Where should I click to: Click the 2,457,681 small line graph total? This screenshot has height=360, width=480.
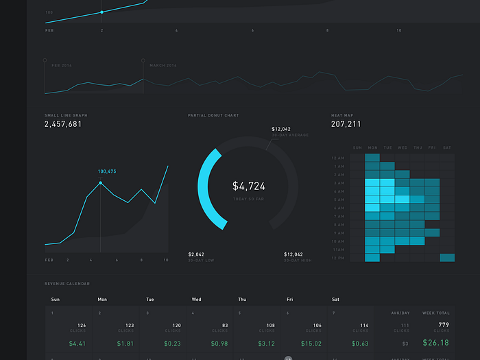(x=63, y=124)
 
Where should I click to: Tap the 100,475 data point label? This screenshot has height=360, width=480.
(x=107, y=171)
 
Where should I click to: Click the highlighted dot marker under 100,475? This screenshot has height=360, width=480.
(x=101, y=183)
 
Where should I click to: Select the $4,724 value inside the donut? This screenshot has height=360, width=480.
(x=248, y=186)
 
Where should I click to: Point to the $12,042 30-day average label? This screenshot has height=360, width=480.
(x=281, y=129)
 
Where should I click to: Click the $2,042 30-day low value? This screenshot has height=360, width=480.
(x=196, y=254)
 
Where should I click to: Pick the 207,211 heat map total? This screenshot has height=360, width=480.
(x=346, y=124)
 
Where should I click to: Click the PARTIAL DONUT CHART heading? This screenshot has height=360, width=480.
(x=213, y=115)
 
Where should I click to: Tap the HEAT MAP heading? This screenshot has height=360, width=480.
(x=342, y=115)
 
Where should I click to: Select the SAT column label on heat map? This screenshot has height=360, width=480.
(x=447, y=147)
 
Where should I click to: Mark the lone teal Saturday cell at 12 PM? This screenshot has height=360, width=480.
(x=447, y=257)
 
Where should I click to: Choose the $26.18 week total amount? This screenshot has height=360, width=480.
(x=435, y=343)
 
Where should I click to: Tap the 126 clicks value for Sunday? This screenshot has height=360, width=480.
(x=81, y=325)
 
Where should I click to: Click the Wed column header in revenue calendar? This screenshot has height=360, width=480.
(x=196, y=299)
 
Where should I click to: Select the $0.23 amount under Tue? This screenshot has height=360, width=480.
(x=173, y=343)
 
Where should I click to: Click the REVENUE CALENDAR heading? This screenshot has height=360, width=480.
(x=67, y=283)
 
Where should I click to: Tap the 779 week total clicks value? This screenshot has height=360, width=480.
(x=443, y=325)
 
